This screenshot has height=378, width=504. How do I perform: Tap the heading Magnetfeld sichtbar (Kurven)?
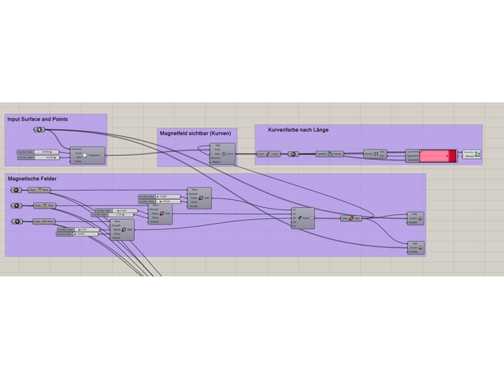[x=195, y=133]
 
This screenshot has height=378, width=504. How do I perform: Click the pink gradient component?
[x=437, y=155]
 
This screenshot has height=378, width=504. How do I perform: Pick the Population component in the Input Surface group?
[x=88, y=155]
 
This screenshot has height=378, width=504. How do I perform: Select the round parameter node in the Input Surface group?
[x=39, y=129]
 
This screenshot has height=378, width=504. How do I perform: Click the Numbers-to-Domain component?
[x=327, y=154]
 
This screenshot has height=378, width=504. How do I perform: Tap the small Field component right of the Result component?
[x=351, y=218]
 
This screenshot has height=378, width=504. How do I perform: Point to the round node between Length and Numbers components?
[x=293, y=154]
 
